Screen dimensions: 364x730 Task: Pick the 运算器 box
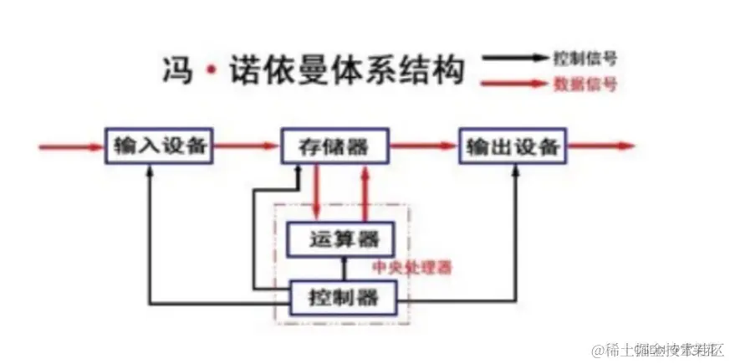(339, 239)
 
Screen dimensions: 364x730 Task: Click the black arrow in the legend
(515, 59)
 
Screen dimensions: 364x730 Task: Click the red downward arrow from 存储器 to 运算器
(316, 192)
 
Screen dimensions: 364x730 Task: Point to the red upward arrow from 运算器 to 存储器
(364, 192)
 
